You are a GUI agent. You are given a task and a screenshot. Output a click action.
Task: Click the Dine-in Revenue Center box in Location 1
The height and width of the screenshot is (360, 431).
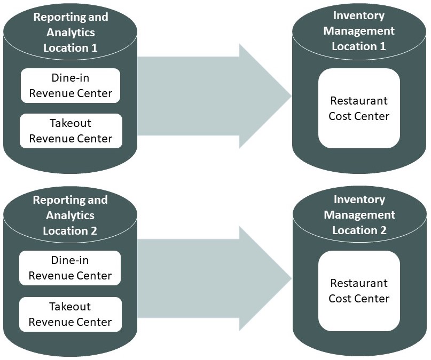70,85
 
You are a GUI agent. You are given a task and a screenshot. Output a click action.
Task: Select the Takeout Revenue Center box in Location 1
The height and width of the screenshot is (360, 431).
70,131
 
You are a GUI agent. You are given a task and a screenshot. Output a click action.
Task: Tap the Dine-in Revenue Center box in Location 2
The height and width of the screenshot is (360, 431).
70,268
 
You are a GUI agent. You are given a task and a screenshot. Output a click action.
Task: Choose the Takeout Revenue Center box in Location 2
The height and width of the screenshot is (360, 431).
70,314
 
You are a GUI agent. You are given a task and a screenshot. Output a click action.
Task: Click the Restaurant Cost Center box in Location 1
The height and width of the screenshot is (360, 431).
359,108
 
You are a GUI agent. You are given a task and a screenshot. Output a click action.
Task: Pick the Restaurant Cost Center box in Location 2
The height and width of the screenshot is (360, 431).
359,291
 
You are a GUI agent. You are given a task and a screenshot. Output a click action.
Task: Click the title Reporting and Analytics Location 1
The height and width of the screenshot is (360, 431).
70,32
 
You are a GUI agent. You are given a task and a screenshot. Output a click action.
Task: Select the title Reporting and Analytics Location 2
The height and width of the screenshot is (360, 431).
70,215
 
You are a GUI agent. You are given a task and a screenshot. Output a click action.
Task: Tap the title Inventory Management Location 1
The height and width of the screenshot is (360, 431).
359,31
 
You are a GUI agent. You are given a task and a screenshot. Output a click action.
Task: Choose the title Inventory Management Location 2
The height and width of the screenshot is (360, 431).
359,214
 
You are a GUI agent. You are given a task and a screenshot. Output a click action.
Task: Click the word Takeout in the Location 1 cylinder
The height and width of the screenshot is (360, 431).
70,123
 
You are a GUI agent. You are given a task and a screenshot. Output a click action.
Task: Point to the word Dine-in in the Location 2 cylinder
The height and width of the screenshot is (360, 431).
70,261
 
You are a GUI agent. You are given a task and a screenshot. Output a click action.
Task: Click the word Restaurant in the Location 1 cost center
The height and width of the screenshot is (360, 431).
359,101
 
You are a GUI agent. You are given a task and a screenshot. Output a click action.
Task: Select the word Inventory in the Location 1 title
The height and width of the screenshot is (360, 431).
359,15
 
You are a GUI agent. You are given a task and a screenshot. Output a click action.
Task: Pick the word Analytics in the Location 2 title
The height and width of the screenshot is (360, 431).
70,215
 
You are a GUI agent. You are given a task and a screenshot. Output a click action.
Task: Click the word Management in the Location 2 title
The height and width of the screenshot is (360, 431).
359,215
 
